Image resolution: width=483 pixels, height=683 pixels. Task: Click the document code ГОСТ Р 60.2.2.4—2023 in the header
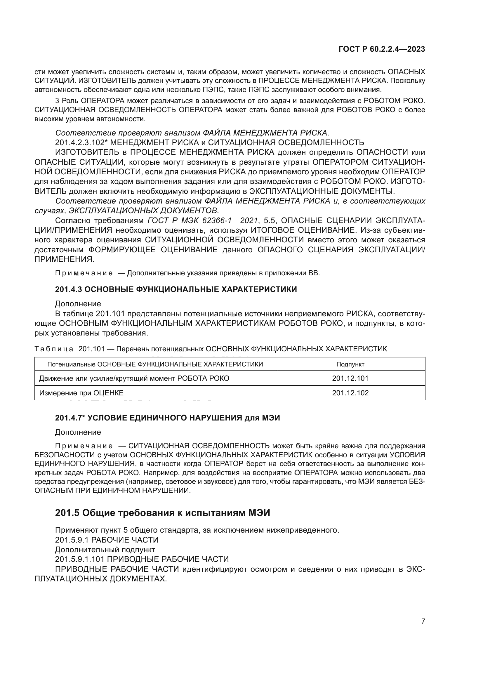382,49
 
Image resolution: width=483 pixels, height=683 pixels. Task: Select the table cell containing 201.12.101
350,378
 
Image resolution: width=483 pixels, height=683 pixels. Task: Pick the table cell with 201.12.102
350,393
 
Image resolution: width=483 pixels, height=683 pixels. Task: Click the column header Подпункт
350,364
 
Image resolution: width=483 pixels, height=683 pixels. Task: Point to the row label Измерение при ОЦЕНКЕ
81,393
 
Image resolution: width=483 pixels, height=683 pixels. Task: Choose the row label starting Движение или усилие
134,378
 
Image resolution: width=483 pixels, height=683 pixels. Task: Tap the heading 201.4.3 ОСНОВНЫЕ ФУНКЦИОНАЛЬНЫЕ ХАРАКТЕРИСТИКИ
176,289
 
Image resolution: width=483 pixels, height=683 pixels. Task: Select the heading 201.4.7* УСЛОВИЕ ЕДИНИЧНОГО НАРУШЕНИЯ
167,418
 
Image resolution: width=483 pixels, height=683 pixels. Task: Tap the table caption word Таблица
54,349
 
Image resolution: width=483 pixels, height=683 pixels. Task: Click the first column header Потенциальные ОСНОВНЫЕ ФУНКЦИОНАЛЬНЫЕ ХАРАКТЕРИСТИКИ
155,364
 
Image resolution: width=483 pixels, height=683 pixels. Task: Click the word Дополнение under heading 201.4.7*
78,432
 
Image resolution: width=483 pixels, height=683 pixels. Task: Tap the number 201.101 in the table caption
91,349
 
